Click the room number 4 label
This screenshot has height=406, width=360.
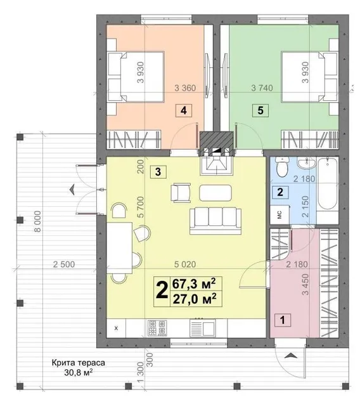pyautogui.click(x=184, y=110)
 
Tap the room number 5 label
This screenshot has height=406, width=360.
pyautogui.click(x=260, y=110)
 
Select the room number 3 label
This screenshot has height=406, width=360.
pyautogui.click(x=158, y=172)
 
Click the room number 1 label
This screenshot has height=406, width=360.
pyautogui.click(x=283, y=320)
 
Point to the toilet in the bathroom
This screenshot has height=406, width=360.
pyautogui.click(x=282, y=167)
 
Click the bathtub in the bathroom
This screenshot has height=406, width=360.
pyautogui.click(x=328, y=183)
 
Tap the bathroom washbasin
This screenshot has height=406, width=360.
pyautogui.click(x=306, y=163)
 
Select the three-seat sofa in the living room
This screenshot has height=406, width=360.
pyautogui.click(x=215, y=221)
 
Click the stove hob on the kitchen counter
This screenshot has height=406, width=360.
pyautogui.click(x=157, y=328)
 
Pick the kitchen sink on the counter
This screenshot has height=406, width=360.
pyautogui.click(x=203, y=328)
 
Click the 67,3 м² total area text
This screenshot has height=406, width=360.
pyautogui.click(x=194, y=284)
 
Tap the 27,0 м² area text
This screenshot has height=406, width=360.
pyautogui.click(x=194, y=299)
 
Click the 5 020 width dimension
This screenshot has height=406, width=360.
pyautogui.click(x=185, y=265)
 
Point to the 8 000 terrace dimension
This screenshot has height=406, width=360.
pyautogui.click(x=38, y=221)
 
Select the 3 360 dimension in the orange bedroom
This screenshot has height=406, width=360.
pyautogui.click(x=185, y=88)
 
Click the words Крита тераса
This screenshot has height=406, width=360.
pyautogui.click(x=79, y=363)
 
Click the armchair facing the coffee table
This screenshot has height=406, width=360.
pyautogui.click(x=181, y=193)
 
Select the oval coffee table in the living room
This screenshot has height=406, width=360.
pyautogui.click(x=215, y=193)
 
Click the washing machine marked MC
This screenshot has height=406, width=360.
pyautogui.click(x=280, y=214)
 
